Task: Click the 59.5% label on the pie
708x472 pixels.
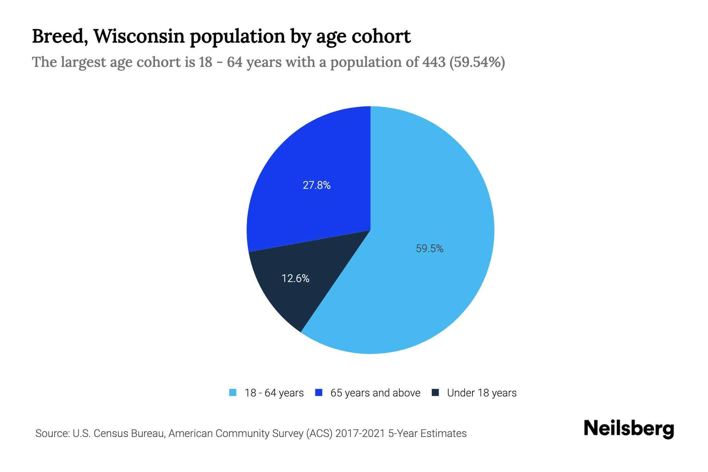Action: [430, 249]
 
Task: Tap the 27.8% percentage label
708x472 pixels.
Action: [317, 185]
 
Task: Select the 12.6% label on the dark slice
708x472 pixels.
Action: [295, 278]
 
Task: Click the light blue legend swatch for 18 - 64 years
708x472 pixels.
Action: [233, 393]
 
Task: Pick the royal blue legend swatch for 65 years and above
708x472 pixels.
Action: [319, 393]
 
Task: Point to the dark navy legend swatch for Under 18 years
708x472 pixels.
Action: [435, 393]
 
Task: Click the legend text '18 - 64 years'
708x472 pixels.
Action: [274, 393]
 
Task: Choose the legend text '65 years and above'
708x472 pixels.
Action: [375, 393]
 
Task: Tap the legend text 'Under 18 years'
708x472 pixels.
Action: [482, 393]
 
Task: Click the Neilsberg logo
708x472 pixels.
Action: [629, 429]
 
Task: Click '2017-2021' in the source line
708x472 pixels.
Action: [360, 433]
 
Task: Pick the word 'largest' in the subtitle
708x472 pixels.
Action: [84, 62]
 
